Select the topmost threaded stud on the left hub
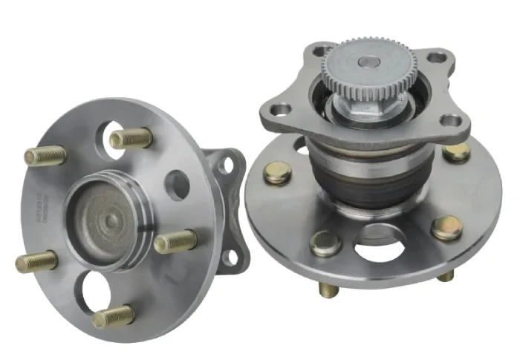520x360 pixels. (131, 138)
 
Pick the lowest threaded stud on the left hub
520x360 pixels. (113, 317)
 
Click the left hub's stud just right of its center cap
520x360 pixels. (175, 241)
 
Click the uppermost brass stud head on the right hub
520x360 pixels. (456, 152)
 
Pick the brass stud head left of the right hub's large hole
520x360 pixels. (326, 243)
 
